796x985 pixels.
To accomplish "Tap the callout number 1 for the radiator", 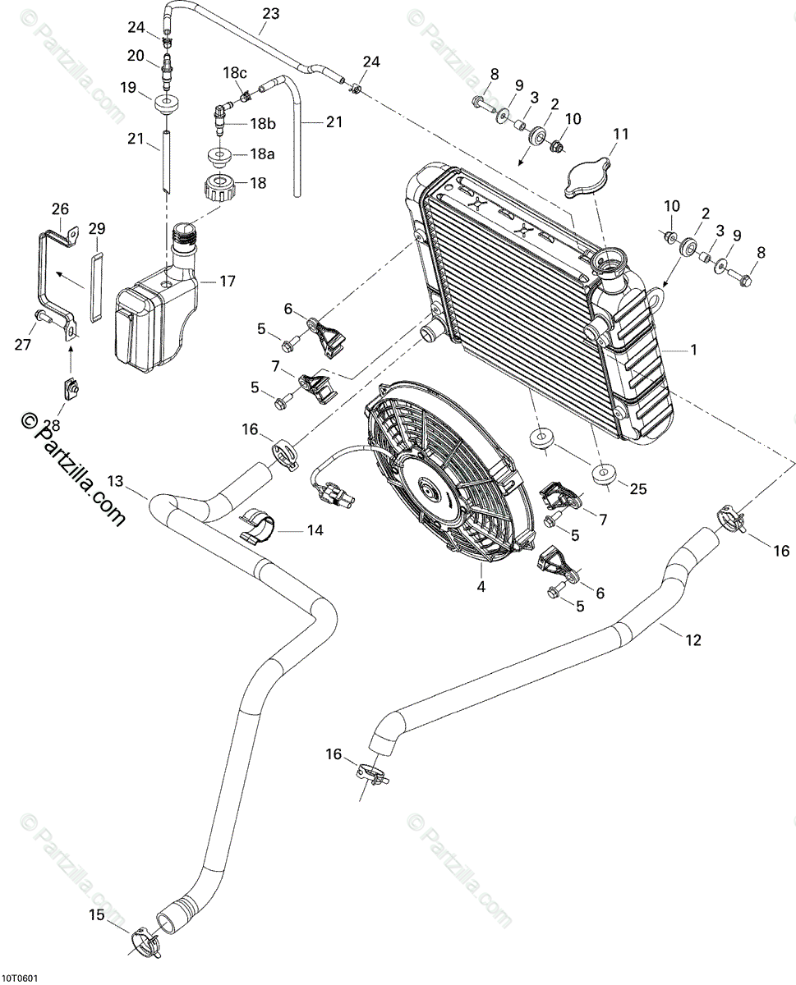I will coord(693,350).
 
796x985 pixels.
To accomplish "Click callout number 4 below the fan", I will coord(482,586).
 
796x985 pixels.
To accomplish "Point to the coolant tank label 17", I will coord(228,281).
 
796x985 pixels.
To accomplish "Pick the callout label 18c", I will coord(235,72).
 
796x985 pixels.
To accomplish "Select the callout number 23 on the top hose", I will coord(270,14).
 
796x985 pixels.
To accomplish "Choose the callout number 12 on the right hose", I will coord(693,639).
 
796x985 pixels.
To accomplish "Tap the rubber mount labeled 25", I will coord(605,474).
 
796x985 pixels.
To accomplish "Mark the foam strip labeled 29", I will coord(97,287).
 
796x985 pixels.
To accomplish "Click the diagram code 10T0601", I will coord(20,978).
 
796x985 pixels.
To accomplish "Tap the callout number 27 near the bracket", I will coord(23,345).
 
